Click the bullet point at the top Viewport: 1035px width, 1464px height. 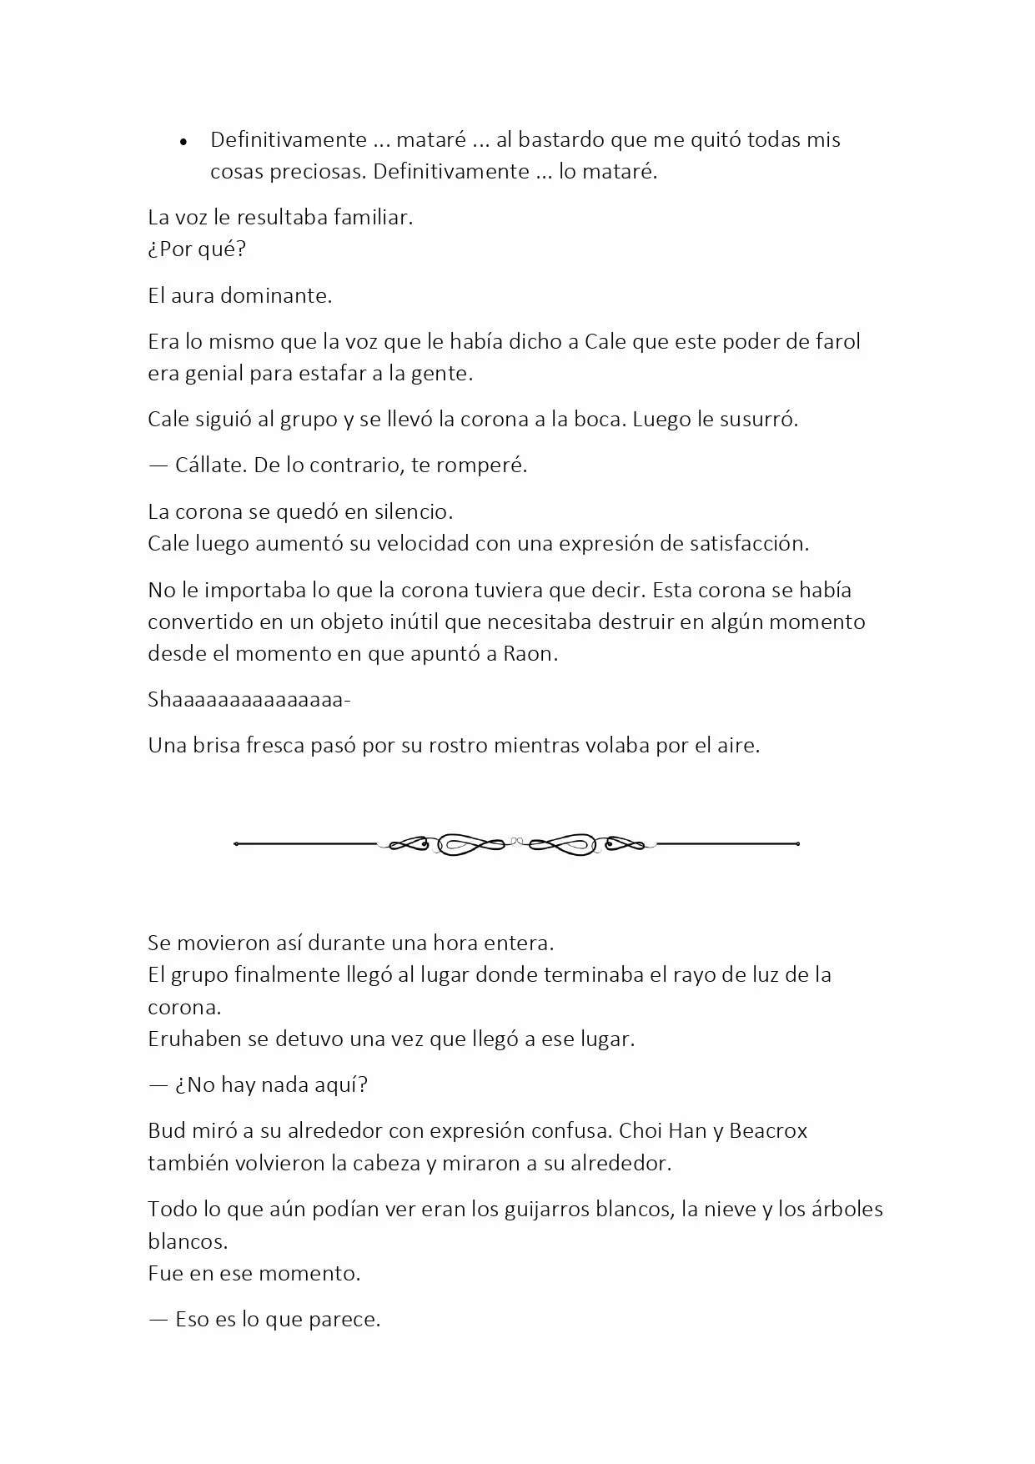[183, 142]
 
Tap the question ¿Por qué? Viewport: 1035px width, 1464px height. [197, 249]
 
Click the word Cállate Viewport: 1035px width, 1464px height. [210, 465]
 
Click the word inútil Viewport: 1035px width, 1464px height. [413, 621]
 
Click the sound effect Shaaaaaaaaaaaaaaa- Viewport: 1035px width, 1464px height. [249, 699]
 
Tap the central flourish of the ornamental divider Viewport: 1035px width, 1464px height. [516, 844]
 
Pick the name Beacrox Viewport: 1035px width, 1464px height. [768, 1131]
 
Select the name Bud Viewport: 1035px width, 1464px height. [167, 1131]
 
